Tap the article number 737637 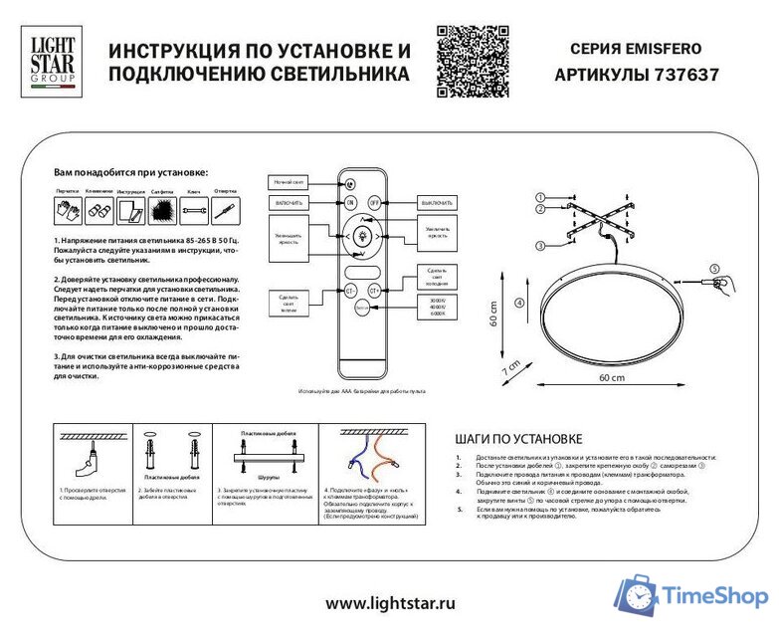[685, 75]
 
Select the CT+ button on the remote [375, 291]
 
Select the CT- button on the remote [350, 291]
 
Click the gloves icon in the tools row [67, 210]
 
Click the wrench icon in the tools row [194, 210]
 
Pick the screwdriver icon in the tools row [226, 210]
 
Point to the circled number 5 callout [712, 269]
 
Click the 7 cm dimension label [511, 367]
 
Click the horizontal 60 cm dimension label [612, 379]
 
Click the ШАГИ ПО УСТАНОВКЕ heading [517, 439]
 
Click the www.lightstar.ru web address [390, 602]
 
